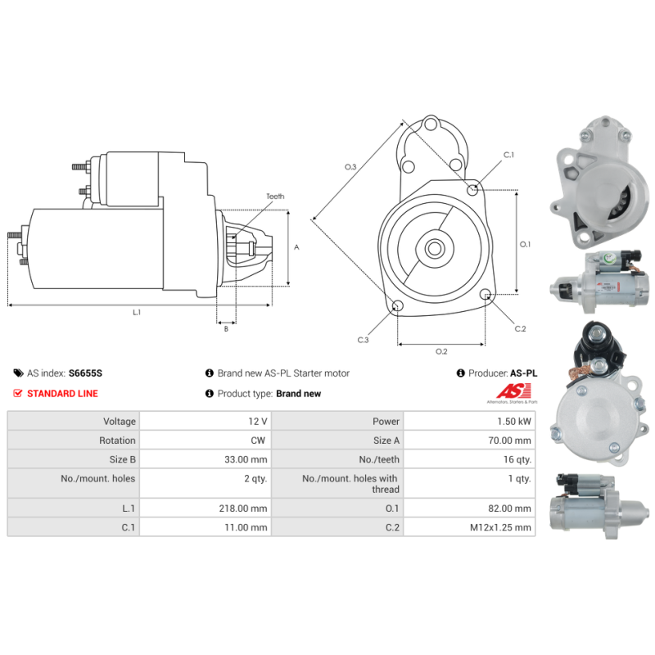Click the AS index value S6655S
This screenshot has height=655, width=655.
tap(85, 373)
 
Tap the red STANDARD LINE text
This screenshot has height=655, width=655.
tap(63, 394)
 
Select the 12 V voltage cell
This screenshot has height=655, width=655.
tap(257, 421)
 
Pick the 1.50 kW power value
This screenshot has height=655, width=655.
tap(514, 421)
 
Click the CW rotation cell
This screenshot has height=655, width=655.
tap(258, 440)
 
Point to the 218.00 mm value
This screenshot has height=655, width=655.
tap(242, 508)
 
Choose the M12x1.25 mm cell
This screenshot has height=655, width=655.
tap(500, 527)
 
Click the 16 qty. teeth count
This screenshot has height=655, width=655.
tap(517, 459)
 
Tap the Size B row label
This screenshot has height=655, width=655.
tap(122, 459)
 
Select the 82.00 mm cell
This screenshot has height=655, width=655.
tap(509, 508)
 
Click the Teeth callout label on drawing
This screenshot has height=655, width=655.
tap(275, 196)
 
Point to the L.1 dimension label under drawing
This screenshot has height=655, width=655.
tap(137, 313)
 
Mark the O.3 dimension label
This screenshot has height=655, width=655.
tap(350, 167)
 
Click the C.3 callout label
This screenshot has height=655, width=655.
tap(363, 340)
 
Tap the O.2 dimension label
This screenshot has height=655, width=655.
tap(441, 352)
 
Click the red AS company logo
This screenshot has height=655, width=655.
tap(513, 392)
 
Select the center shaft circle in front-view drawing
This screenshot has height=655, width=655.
tap(435, 249)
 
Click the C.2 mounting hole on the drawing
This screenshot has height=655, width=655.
tap(486, 294)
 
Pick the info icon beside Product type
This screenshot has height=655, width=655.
tap(210, 394)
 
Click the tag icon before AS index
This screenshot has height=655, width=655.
tap(18, 373)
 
